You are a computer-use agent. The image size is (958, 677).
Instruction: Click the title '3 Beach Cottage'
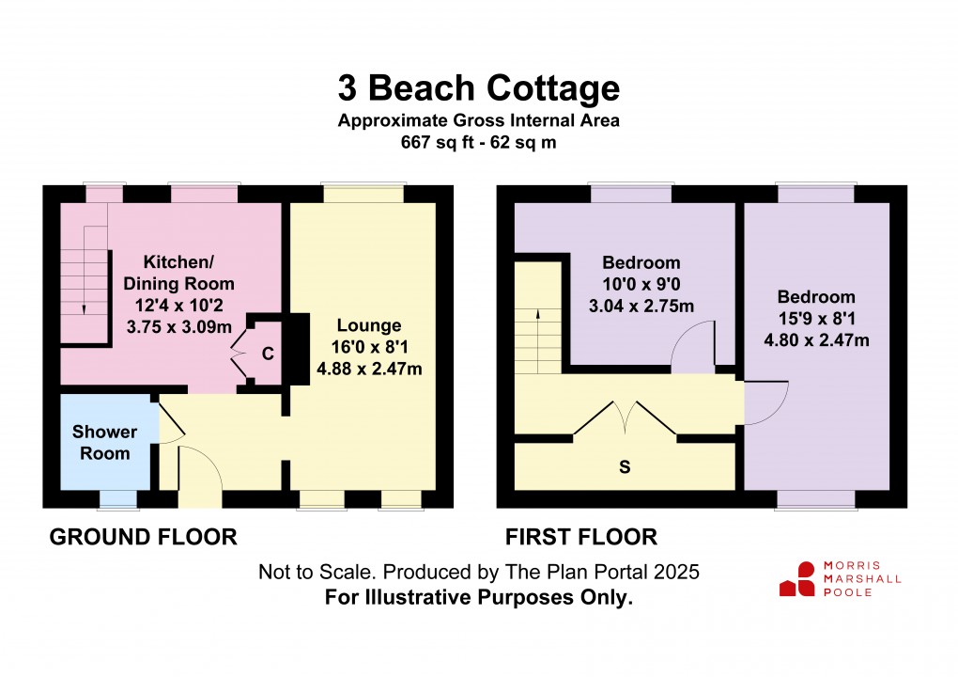(479, 87)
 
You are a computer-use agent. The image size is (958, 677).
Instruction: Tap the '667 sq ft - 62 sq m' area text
(479, 142)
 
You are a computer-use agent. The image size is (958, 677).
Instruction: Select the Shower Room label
(104, 443)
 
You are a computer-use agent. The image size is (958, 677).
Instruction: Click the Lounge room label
(369, 326)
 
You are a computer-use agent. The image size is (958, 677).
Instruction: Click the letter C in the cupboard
(268, 354)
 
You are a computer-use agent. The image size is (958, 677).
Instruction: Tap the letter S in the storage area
(624, 467)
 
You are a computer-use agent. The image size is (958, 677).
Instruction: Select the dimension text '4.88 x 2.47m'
(369, 369)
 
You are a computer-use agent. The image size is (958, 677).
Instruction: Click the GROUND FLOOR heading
(143, 537)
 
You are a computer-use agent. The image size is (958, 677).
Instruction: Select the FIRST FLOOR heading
(581, 537)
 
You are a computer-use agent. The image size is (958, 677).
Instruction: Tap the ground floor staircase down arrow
(85, 307)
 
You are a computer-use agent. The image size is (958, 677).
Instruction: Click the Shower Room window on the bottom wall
(116, 498)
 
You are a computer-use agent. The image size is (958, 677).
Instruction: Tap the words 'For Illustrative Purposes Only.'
(479, 596)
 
